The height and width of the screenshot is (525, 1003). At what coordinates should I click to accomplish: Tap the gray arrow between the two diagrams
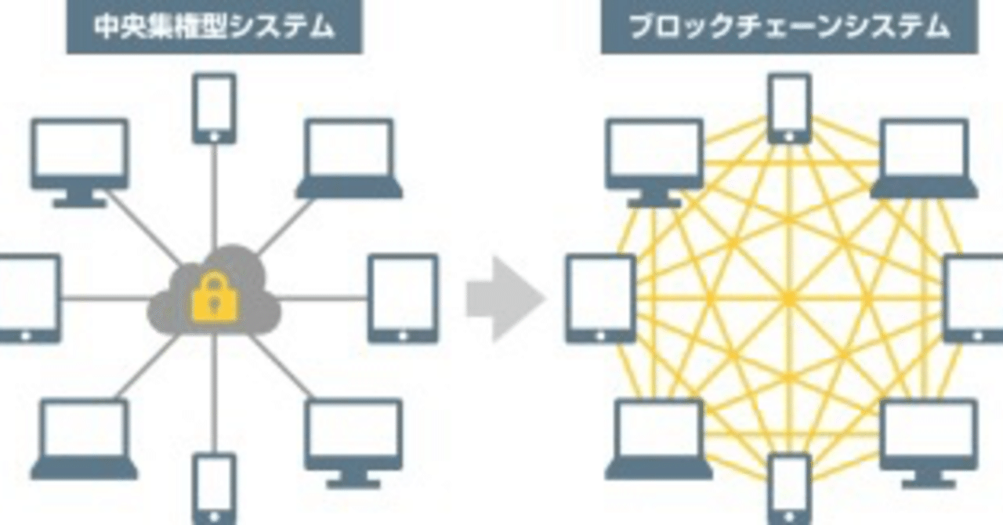505,299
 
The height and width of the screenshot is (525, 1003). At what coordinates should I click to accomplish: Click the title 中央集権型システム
214,27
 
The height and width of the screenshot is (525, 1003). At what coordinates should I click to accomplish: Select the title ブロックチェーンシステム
790,27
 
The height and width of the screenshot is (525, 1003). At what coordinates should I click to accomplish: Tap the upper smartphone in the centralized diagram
214,108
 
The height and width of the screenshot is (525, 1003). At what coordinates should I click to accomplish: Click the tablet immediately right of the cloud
403,299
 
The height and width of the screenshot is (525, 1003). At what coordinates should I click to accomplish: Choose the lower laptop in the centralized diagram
84,439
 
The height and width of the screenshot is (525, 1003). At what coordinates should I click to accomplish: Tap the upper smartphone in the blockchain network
789,108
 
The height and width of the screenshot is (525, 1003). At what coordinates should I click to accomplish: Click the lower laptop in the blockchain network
658,439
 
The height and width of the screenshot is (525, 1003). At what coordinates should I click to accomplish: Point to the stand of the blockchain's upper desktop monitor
655,199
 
